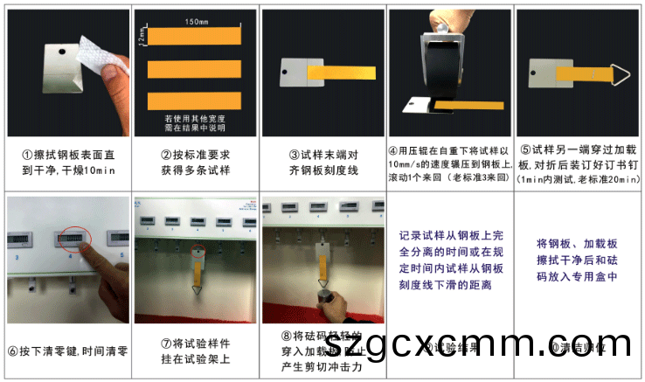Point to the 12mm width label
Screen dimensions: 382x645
(x=141, y=34)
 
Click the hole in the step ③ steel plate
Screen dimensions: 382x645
(x=284, y=73)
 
